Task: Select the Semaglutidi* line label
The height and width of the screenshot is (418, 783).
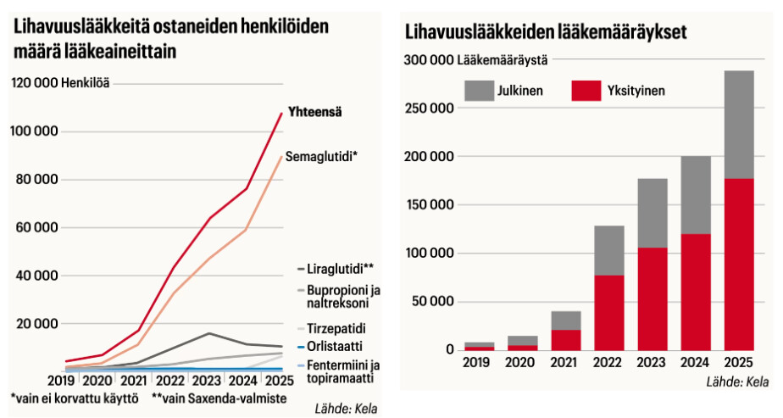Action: point(321,157)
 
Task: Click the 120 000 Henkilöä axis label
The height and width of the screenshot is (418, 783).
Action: point(61,82)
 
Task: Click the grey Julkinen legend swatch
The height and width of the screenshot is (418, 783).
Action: point(480,90)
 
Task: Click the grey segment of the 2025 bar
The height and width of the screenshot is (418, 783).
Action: point(738,124)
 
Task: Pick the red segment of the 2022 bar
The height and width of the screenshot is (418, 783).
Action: point(608,312)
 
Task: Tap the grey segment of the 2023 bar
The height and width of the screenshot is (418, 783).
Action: point(652,213)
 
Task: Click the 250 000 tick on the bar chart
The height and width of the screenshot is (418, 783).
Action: point(430,108)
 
